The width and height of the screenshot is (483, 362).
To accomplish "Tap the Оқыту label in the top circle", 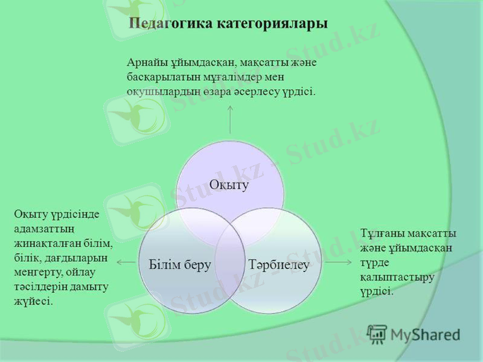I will coord(229,185).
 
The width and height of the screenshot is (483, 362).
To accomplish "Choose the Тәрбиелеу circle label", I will coord(277,264).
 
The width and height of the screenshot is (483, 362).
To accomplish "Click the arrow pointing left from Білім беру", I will coord(126,262).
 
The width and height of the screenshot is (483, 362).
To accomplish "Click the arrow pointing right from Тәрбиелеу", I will coord(337,262).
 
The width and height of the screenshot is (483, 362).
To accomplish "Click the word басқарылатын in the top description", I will coord(161,77).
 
